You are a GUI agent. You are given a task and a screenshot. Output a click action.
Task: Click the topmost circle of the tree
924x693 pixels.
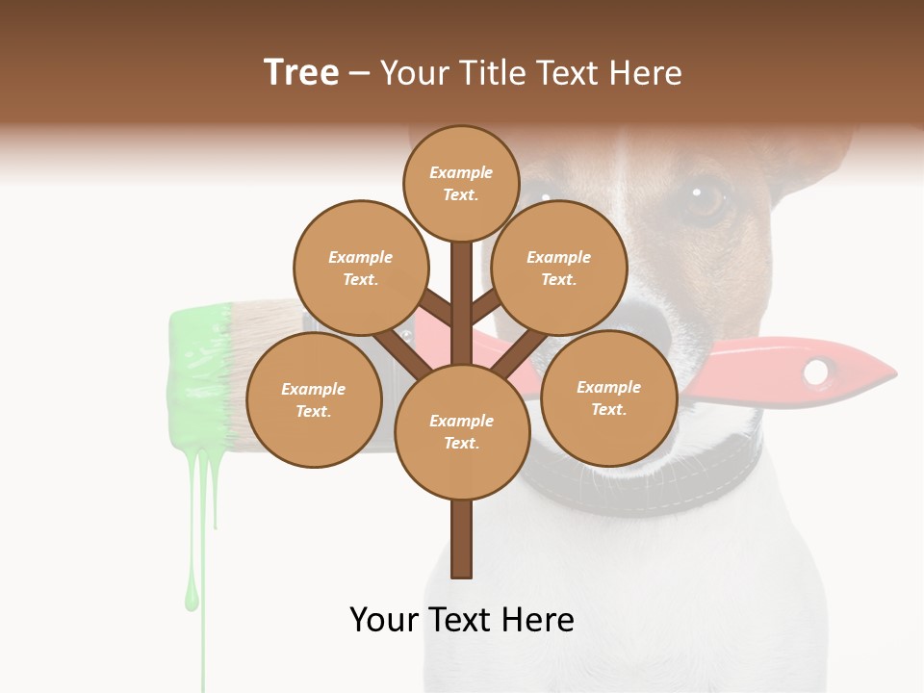(461, 183)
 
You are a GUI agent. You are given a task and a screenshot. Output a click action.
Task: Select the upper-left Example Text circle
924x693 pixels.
(360, 268)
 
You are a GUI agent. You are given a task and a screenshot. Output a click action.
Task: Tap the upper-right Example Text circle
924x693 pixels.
(558, 268)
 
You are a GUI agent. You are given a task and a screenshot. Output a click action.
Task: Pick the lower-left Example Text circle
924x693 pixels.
(313, 399)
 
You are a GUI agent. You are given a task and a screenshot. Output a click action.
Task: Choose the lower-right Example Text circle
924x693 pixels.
(607, 398)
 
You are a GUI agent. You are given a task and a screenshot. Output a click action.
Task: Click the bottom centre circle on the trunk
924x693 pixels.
(461, 431)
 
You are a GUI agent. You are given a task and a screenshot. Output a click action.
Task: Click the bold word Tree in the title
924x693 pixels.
(301, 72)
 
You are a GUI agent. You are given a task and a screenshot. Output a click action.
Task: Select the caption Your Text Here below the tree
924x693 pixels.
(461, 620)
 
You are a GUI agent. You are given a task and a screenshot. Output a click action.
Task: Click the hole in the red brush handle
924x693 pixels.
(816, 371)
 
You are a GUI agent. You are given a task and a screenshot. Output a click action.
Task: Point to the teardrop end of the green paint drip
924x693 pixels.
(192, 599)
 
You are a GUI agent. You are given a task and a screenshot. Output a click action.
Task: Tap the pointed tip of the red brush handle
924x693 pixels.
(890, 372)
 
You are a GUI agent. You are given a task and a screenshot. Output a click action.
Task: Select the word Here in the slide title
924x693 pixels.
(646, 72)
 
